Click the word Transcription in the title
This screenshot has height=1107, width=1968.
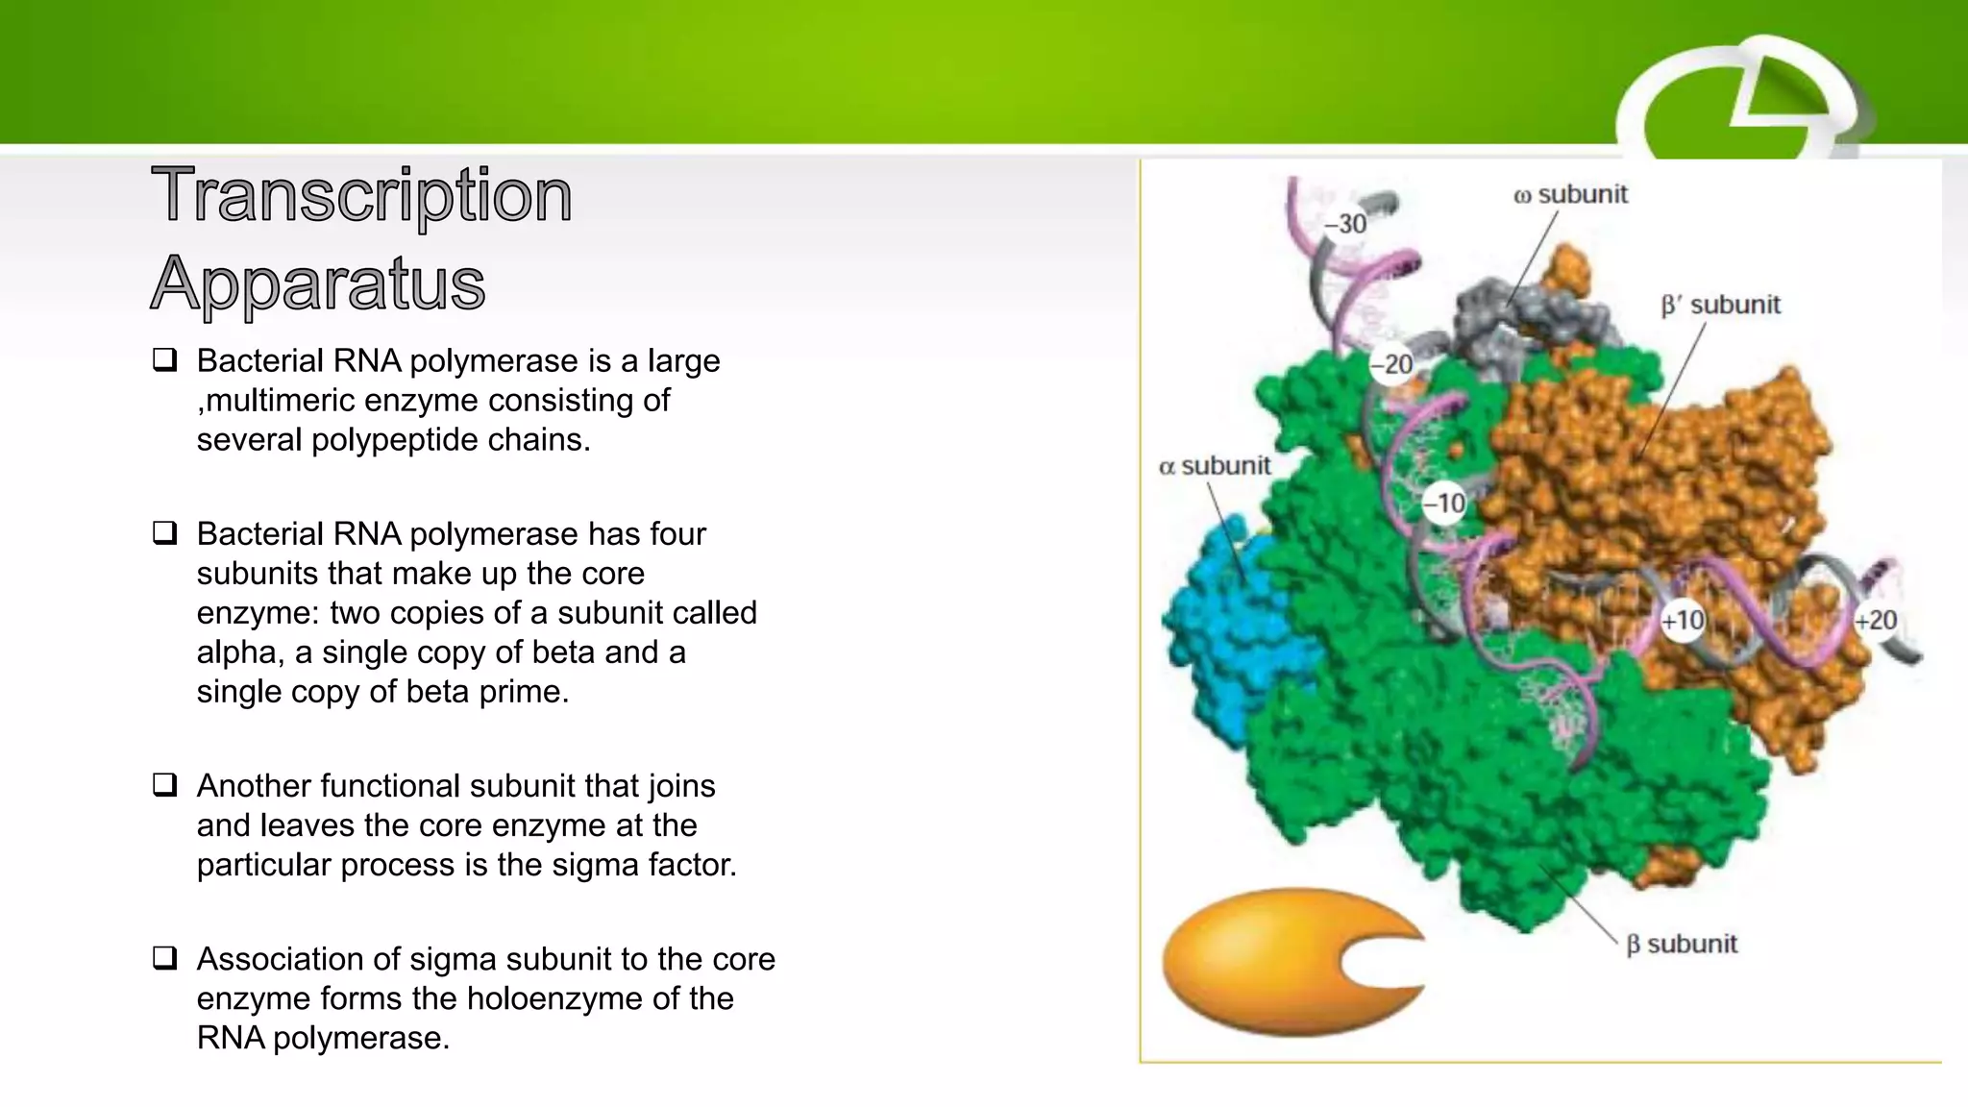point(361,196)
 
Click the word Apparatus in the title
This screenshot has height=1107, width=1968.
point(318,283)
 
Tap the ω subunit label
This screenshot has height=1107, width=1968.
point(1570,195)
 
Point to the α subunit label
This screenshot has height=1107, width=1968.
point(1215,466)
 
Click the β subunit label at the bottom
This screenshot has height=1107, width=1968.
point(1681,945)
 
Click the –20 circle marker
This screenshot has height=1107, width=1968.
point(1391,365)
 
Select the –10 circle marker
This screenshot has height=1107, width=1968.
point(1444,503)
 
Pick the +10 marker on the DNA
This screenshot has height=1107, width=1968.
point(1683,621)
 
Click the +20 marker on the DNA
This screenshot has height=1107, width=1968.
point(1876,621)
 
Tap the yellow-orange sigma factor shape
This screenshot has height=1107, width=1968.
point(1268,961)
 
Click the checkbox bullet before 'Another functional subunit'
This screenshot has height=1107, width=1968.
point(165,785)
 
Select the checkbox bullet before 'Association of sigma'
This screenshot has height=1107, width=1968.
point(165,958)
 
